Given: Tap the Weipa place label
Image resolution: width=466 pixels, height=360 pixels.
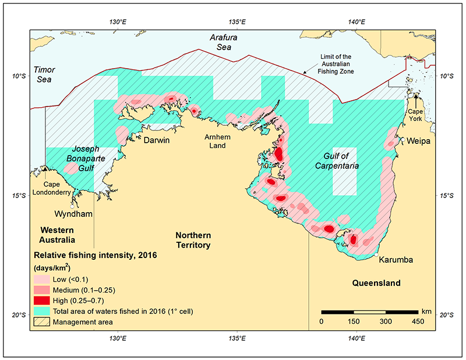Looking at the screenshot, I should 419,141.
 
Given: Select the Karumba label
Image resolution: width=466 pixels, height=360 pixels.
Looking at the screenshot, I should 396,260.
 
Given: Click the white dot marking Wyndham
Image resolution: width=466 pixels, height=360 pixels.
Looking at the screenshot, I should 72,206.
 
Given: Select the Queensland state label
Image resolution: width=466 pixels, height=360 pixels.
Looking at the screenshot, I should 376,283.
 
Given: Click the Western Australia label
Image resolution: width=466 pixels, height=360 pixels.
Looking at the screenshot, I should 58,234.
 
